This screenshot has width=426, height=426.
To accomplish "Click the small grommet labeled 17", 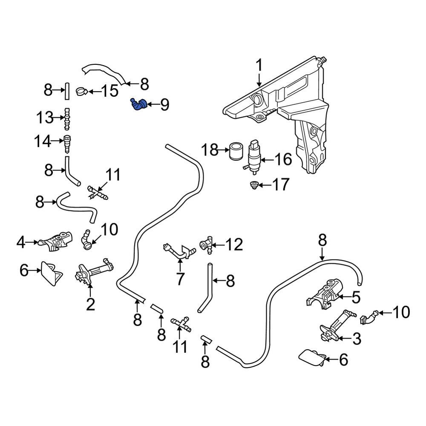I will pos(254,185).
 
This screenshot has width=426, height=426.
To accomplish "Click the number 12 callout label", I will pos(234,245).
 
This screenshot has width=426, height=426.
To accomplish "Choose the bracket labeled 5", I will pos(327,294).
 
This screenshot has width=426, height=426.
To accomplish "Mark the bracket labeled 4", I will pos(54,242).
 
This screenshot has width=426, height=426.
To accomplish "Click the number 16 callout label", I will pos(283,160).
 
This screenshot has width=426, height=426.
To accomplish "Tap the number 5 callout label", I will pos(356,296).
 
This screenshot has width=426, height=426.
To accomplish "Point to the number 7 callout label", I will pos(180,279).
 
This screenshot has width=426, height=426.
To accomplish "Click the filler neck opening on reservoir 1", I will pos(258,99).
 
